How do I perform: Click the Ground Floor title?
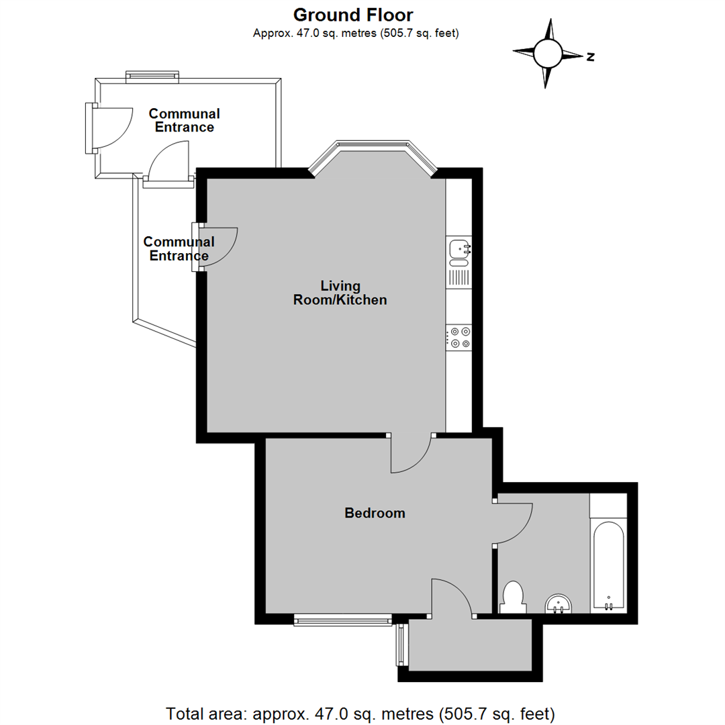point(353,15)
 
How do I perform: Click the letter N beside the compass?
point(591,57)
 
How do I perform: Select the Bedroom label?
point(375,514)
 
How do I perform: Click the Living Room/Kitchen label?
point(340,293)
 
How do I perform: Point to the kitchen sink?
point(460,249)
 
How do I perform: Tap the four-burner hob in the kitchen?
point(460,337)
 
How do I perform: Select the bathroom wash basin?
point(558,604)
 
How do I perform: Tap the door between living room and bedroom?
point(411,453)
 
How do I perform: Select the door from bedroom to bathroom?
point(514,524)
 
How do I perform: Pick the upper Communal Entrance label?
point(184,120)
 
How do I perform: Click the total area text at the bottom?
point(360,712)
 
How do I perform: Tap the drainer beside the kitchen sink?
point(460,276)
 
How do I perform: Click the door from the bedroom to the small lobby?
point(453,597)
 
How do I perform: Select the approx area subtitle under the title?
point(355,33)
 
